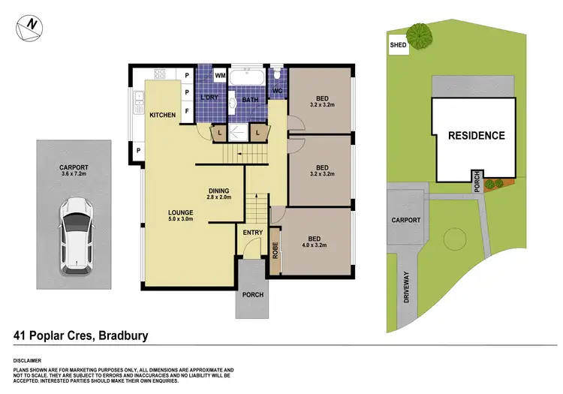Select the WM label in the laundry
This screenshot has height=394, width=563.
coord(221,76)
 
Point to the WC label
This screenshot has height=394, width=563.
coord(276,92)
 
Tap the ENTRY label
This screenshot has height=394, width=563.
coord(253,233)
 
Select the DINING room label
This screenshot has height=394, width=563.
coord(218,191)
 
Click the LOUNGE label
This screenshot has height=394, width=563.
coord(181,212)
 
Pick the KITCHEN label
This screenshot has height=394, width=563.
coord(162,115)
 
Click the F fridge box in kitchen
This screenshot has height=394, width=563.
coord(187,111)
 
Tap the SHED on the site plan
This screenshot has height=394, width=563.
coord(397,45)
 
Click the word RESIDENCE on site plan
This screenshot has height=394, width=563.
coord(477,136)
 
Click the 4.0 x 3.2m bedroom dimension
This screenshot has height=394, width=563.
coord(315,245)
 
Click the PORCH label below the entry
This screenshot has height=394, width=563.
coord(253,294)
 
